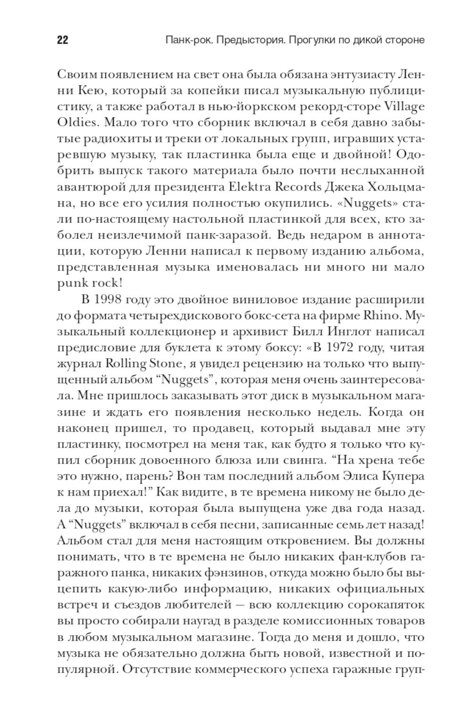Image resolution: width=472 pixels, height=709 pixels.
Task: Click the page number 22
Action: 62,40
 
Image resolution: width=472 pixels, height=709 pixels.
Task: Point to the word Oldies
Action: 77,122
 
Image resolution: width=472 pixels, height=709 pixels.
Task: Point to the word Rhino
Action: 380,316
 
